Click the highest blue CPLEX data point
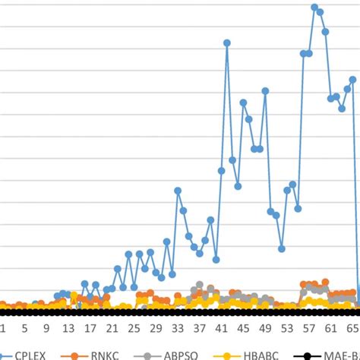click(x=314, y=7)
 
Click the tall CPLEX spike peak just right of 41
click(x=227, y=43)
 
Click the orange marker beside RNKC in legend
click(x=74, y=354)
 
